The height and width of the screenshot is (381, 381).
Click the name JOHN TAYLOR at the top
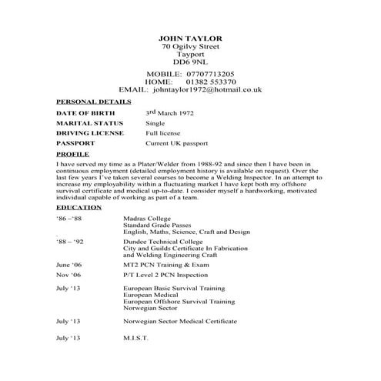[x=189, y=38]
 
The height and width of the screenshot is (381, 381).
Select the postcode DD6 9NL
[x=189, y=62]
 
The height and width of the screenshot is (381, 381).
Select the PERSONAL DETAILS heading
[x=94, y=102]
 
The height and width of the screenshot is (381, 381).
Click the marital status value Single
[x=156, y=123]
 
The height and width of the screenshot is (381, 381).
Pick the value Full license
[x=163, y=133]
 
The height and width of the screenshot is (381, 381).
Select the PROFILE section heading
[x=74, y=154]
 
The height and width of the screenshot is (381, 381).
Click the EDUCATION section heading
[x=79, y=208]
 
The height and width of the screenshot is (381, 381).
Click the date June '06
[x=69, y=264]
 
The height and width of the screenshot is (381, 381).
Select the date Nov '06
[x=68, y=275]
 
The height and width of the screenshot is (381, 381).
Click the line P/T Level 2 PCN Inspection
[x=172, y=275]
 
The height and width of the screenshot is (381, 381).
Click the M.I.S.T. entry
[x=135, y=339]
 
